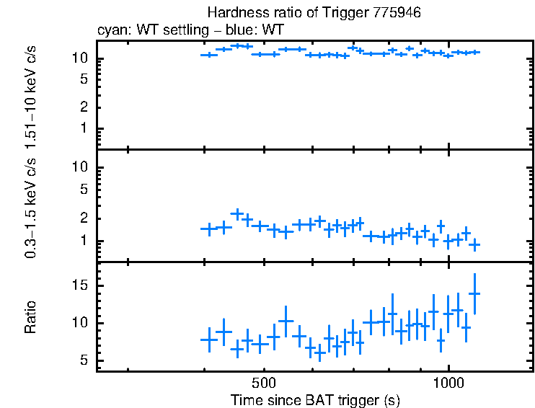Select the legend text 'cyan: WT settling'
pos(144,30)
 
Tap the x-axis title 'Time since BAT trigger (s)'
pos(315,399)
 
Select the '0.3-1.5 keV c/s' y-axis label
pos(30,209)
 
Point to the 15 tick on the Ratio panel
pos(81,285)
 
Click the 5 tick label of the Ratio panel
pos(84,360)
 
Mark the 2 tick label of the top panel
pos(84,107)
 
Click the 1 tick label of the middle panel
pos(84,241)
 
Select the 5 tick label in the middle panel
pos(84,190)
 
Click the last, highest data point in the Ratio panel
pos(474,293)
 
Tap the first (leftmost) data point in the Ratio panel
pos(208,339)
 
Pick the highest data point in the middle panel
pos(236,214)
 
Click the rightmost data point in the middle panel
pos(474,245)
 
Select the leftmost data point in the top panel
pos(208,55)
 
